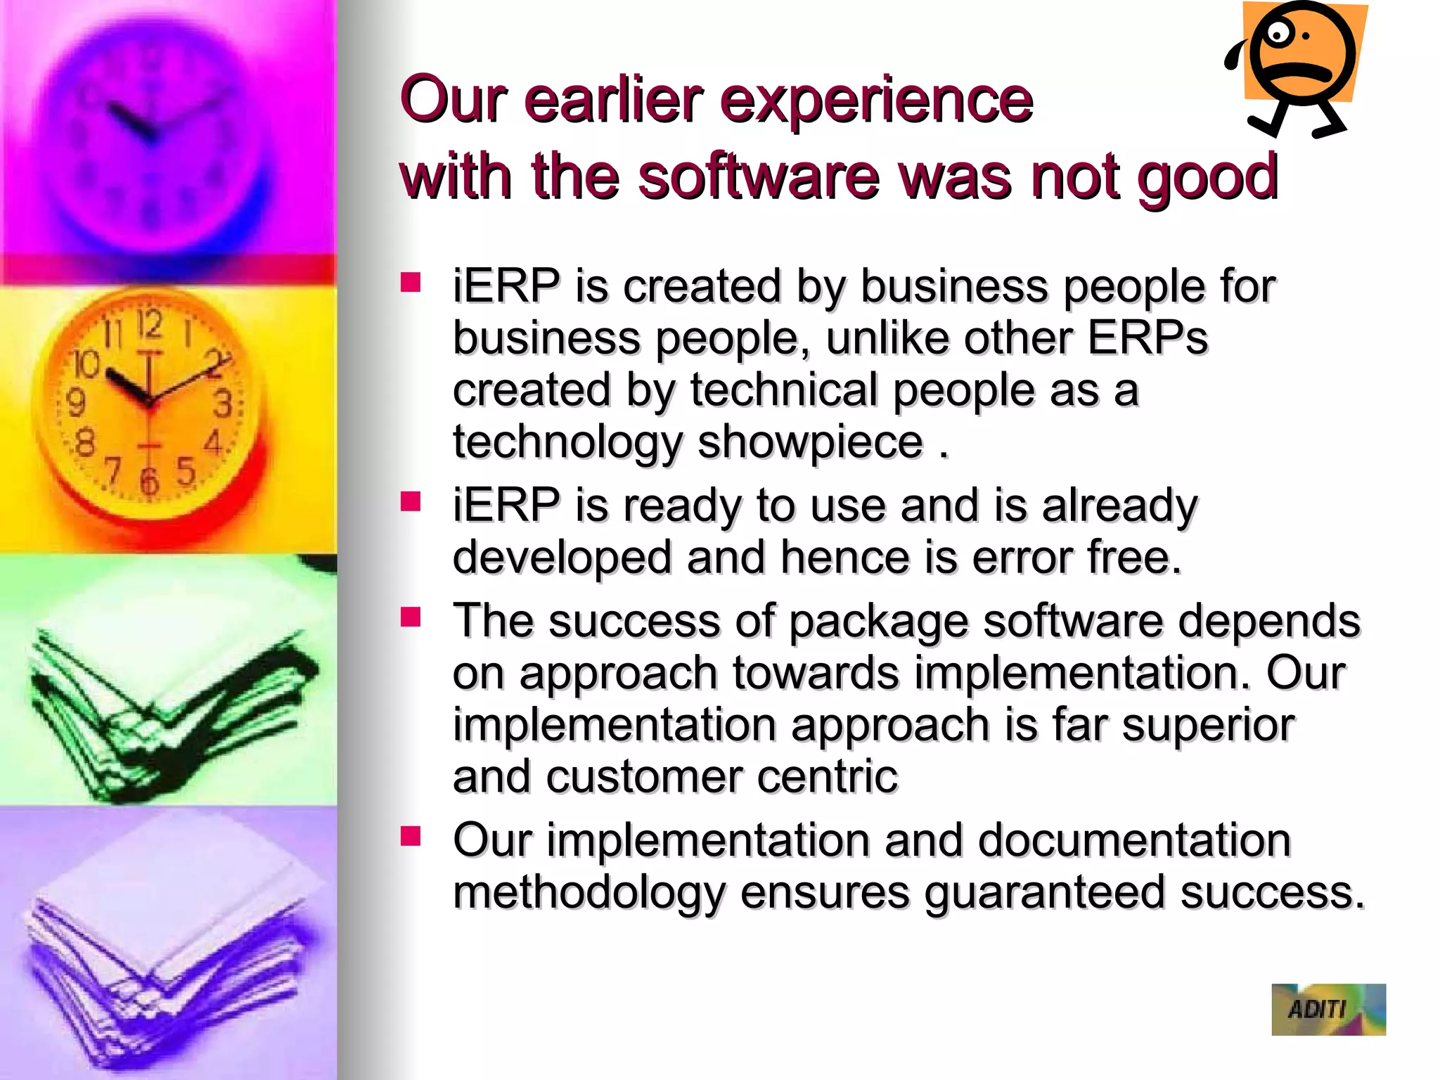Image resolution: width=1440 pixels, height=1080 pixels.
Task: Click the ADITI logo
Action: pos(1328,1009)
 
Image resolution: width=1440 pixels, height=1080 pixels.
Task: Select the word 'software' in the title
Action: pos(759,176)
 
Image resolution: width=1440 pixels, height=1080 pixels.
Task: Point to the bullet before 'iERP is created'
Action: pos(411,283)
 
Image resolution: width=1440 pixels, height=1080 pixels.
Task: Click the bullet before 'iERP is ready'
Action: pos(411,502)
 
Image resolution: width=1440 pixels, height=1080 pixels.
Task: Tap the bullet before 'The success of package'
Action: pos(411,617)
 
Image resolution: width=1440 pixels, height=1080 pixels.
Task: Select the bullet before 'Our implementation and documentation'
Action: pos(411,836)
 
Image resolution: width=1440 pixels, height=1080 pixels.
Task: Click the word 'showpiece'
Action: pos(810,443)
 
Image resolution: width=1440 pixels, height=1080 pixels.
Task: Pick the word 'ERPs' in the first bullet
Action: pos(1147,338)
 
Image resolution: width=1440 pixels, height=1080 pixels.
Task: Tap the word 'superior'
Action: pos(1208,725)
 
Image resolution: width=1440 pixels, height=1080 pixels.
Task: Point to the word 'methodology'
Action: pos(589,892)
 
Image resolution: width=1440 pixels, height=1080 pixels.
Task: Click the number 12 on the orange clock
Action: pos(149,324)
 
